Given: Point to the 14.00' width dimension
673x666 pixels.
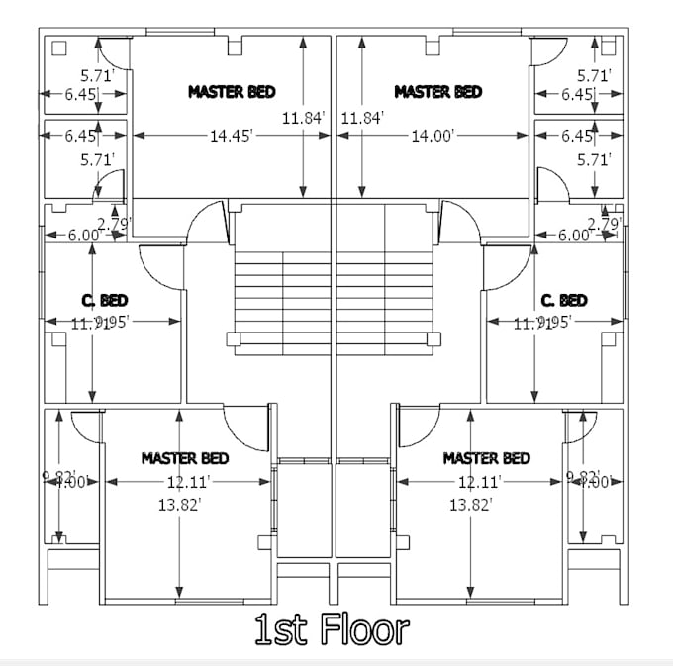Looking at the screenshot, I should [433, 137].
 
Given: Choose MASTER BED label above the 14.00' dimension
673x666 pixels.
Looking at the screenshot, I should [437, 92].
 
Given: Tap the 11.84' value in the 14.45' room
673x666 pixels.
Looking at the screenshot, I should [303, 119].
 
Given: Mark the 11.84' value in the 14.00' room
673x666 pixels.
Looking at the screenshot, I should [361, 119].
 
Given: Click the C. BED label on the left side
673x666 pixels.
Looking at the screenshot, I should [104, 300].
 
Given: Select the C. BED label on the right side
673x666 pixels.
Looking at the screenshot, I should [564, 300].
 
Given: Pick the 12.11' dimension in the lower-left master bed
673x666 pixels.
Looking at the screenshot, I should [188, 481].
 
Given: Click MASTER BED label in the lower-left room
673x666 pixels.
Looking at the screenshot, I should [185, 458].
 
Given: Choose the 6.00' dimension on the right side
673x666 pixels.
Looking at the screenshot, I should [574, 236].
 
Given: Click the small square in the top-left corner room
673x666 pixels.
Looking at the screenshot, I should [58, 47].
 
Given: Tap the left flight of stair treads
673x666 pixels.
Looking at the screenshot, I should [282, 292].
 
